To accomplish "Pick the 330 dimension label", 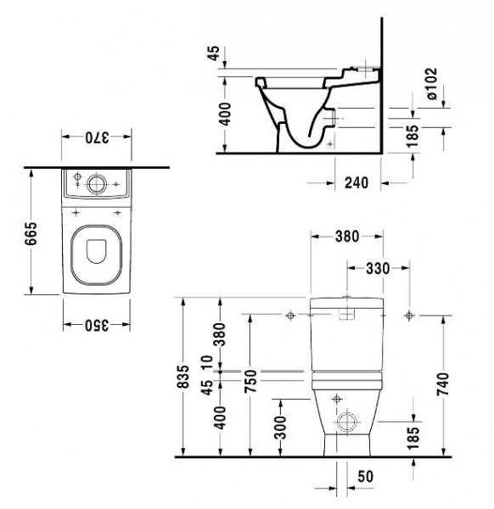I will (378, 268).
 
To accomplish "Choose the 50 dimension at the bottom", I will (365, 478).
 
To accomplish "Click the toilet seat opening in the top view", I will (96, 249).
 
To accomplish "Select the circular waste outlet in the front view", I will (347, 422).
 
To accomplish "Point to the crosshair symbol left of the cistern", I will (290, 316).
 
